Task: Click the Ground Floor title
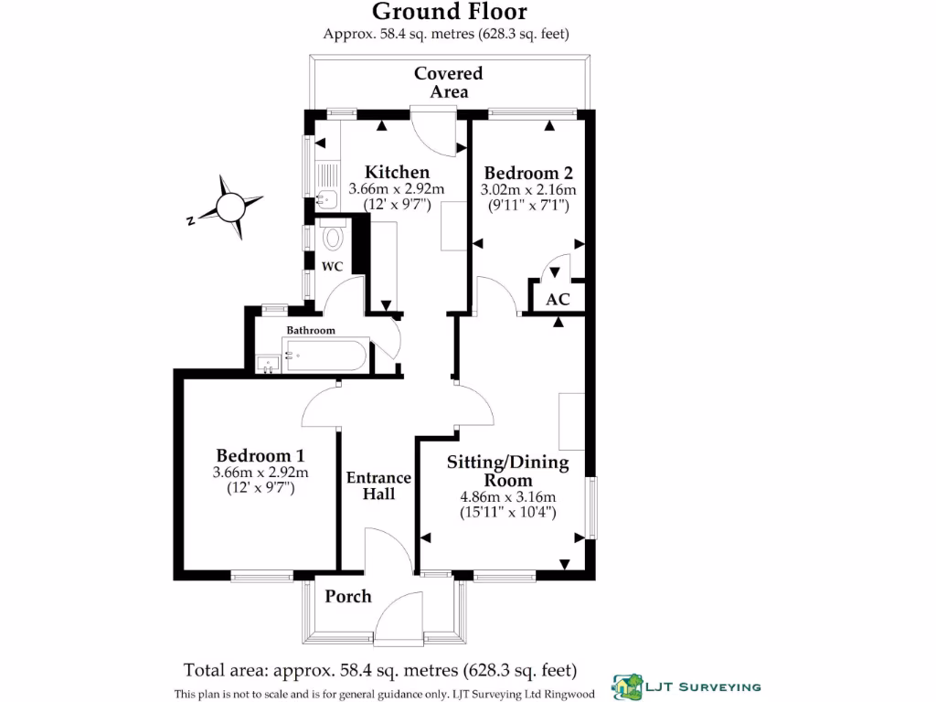click(x=448, y=12)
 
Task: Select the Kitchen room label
click(x=397, y=172)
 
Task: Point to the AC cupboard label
click(x=558, y=300)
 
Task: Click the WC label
click(x=332, y=267)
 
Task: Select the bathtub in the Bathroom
click(x=324, y=355)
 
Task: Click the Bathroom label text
click(x=311, y=330)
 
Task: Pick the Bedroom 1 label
click(x=260, y=455)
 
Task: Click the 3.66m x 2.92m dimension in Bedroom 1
click(x=260, y=473)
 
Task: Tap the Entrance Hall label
click(x=378, y=485)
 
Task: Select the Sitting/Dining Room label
click(x=507, y=471)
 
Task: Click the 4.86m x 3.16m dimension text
click(x=507, y=497)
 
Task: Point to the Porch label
click(x=348, y=596)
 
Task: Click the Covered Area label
click(x=448, y=82)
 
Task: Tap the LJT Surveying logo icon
click(x=628, y=685)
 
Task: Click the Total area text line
click(x=380, y=669)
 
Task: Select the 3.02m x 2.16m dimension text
click(x=528, y=190)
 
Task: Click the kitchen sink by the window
click(x=324, y=197)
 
